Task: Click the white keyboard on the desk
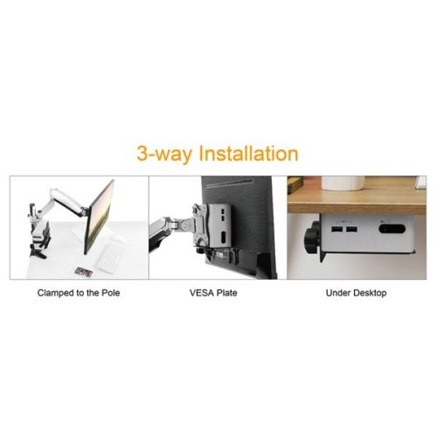coord(111,256)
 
